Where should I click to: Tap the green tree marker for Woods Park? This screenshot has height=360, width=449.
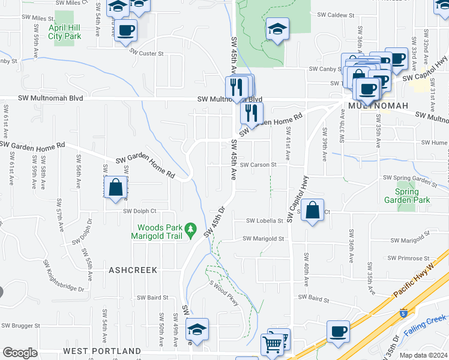pyautogui.click(x=190, y=229)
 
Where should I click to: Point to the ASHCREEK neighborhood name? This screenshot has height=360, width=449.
pyautogui.click(x=133, y=271)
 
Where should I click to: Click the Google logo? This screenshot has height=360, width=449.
pyautogui.click(x=20, y=352)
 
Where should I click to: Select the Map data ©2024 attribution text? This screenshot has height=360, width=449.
pyautogui.click(x=423, y=355)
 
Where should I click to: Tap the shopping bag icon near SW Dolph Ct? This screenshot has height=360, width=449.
pyautogui.click(x=115, y=188)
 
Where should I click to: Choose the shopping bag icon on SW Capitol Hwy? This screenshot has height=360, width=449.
pyautogui.click(x=313, y=211)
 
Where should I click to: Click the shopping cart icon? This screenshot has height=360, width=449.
pyautogui.click(x=273, y=344)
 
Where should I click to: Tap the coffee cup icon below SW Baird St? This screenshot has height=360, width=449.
pyautogui.click(x=338, y=331)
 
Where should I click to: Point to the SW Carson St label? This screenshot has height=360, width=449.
pyautogui.click(x=258, y=164)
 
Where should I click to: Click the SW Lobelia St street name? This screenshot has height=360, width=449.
pyautogui.click(x=264, y=221)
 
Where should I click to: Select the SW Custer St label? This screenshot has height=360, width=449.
pyautogui.click(x=147, y=53)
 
